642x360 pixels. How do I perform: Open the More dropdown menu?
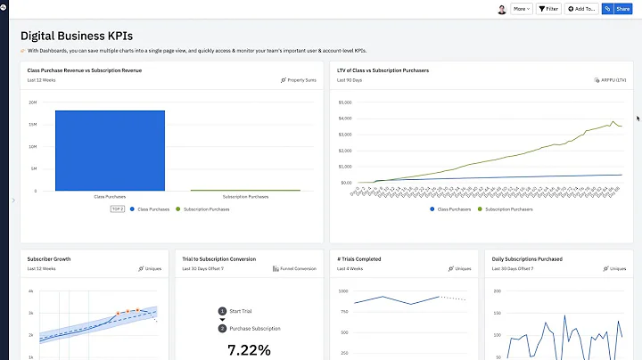click(x=521, y=9)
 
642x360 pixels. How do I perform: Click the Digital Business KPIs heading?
click(x=77, y=37)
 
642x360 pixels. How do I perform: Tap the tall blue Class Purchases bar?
click(x=110, y=150)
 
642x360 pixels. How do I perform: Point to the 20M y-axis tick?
click(x=33, y=102)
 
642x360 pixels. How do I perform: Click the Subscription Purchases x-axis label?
click(x=245, y=196)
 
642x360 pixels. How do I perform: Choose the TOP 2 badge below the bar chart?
click(x=117, y=209)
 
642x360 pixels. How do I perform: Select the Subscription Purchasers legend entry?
click(x=508, y=209)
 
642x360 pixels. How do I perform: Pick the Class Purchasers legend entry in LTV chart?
click(x=450, y=209)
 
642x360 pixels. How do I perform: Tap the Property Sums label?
click(x=299, y=80)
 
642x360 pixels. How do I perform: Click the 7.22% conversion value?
click(x=249, y=350)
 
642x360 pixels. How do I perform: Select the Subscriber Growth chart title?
click(x=49, y=259)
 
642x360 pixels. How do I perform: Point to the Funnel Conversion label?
click(x=294, y=268)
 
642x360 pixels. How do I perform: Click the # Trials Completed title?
click(x=358, y=259)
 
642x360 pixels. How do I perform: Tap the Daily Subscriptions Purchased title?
click(x=527, y=259)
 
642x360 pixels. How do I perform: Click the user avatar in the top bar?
click(x=501, y=9)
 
